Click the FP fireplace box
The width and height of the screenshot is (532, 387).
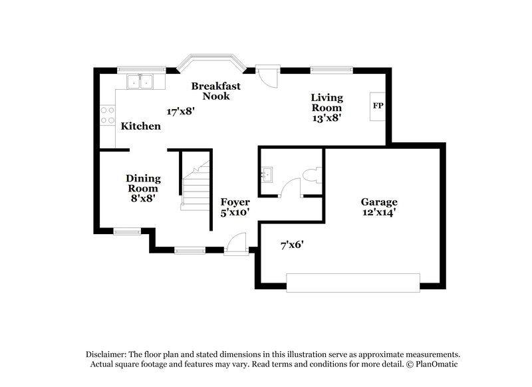click(x=378, y=106)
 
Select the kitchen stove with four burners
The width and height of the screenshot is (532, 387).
click(x=105, y=116)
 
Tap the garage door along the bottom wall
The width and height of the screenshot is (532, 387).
click(x=353, y=283)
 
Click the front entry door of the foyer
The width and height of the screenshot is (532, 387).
click(x=235, y=245)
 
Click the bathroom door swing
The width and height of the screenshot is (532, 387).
click(x=290, y=189)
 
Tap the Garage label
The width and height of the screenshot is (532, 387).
click(x=379, y=202)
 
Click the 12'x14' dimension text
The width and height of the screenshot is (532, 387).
click(x=379, y=213)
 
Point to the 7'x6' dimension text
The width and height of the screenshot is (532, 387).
click(x=292, y=245)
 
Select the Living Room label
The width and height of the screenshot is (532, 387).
click(x=327, y=103)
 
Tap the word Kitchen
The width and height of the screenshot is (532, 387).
click(x=140, y=126)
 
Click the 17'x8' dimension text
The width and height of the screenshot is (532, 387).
click(x=180, y=111)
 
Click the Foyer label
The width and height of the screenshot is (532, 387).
click(x=235, y=202)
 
